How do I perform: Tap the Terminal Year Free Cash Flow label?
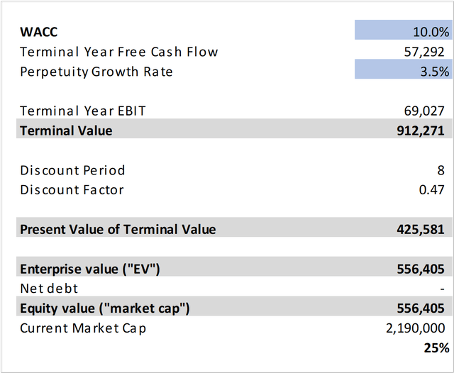click(x=119, y=52)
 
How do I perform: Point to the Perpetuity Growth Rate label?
click(x=96, y=72)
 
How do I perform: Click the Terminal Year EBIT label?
click(x=83, y=111)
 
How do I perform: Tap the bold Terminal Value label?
click(x=66, y=130)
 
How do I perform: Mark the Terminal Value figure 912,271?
click(x=423, y=130)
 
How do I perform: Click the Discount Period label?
click(x=72, y=170)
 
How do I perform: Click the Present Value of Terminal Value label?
click(x=118, y=229)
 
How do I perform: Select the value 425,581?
click(x=423, y=229)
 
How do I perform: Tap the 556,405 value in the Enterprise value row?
click(x=423, y=269)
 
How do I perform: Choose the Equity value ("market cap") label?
click(x=105, y=308)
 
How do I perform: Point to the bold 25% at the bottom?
click(x=437, y=347)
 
